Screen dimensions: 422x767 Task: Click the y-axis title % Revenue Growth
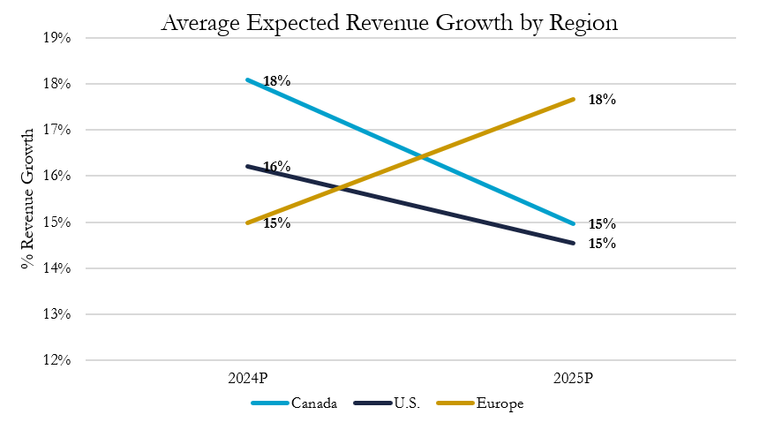point(30,198)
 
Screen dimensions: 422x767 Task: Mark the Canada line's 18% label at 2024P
point(276,81)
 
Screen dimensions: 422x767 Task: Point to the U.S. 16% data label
point(276,167)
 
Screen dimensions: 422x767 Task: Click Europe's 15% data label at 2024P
point(276,223)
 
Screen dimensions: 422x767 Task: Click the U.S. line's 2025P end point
point(574,243)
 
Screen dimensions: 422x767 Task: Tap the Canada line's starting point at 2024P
point(248,79)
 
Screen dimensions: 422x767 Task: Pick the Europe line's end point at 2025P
point(574,99)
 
